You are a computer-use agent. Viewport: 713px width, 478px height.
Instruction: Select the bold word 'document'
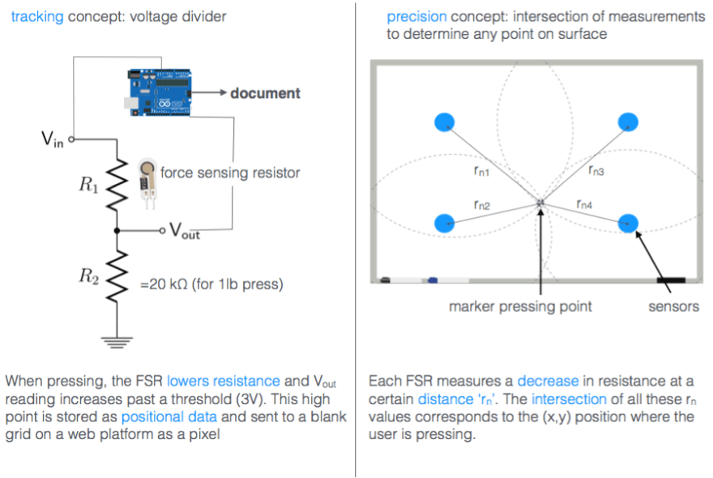pos(265,93)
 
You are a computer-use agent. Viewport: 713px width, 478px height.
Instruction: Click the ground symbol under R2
pos(118,341)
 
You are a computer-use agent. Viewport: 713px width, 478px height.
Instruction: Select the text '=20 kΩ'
pos(165,284)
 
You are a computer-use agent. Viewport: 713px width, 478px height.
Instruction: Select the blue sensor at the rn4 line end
pos(628,223)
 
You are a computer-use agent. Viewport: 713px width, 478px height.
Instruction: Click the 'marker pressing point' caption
pos(520,306)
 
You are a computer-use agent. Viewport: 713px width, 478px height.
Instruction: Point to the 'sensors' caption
pos(673,306)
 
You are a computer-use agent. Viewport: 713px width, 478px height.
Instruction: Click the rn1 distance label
pos(481,171)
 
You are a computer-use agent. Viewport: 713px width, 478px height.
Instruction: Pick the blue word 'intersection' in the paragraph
pos(569,399)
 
